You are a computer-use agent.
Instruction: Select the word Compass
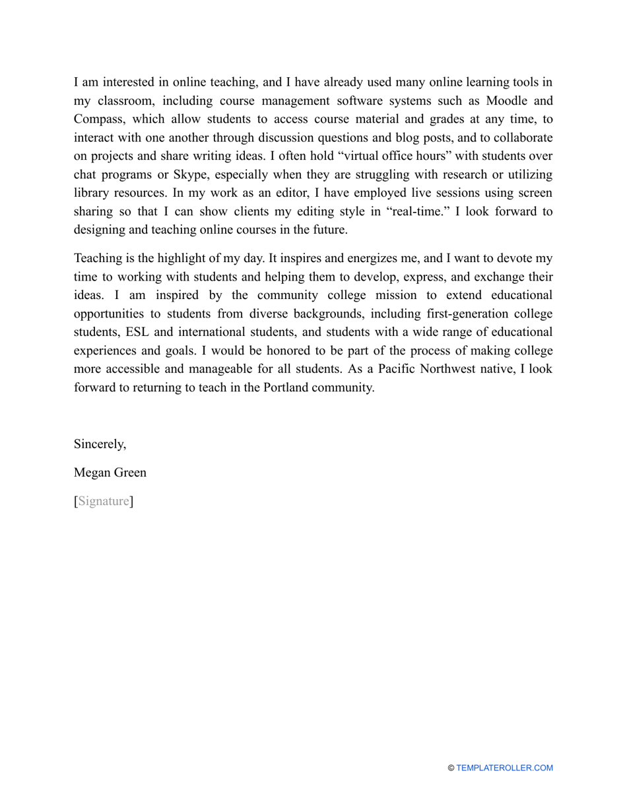[x=97, y=119]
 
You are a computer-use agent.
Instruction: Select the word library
[x=92, y=193]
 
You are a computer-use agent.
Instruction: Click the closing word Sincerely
[x=100, y=444]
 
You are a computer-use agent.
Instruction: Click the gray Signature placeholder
[x=104, y=502]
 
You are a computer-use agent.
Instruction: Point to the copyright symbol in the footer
[x=451, y=768]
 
